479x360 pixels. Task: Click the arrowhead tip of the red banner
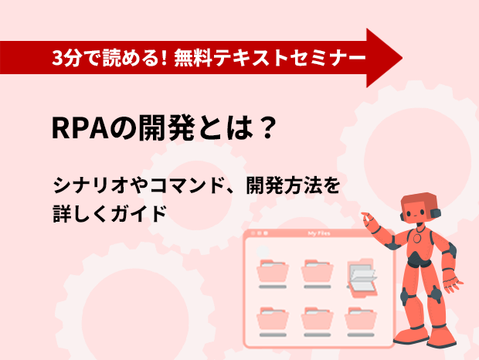[x=402, y=58]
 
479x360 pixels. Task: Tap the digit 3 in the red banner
[x=57, y=58]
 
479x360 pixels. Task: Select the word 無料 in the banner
[x=193, y=58]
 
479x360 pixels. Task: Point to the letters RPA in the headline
[x=80, y=128]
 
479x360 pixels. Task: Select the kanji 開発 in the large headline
[x=166, y=128]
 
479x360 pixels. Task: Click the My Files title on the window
[x=319, y=233]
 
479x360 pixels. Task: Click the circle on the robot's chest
[x=417, y=238]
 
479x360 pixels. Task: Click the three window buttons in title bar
[x=259, y=233]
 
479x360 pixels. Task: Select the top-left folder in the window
[x=273, y=271]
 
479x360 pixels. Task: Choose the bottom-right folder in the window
[x=361, y=318]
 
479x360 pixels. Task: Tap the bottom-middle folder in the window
[x=317, y=318]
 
